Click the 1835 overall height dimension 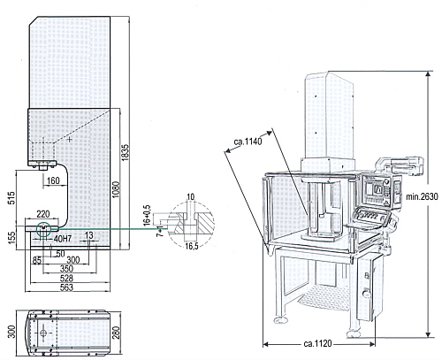tap(126, 152)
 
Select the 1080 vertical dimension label tap(116, 189)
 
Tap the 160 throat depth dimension tap(53, 180)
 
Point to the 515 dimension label tap(11, 198)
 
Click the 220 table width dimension tap(43, 214)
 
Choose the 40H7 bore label tap(64, 239)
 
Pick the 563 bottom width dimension tap(66, 287)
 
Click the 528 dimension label tap(66, 278)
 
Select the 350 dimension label tap(66, 269)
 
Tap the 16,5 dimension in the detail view tap(192, 246)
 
